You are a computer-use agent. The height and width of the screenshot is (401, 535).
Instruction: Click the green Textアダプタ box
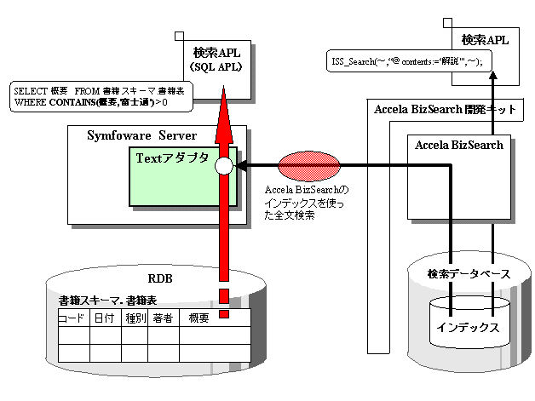pos(170,180)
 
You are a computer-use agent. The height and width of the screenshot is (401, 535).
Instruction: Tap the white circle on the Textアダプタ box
pos(223,165)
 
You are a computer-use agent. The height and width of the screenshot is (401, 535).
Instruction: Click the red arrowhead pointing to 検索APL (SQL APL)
pos(223,106)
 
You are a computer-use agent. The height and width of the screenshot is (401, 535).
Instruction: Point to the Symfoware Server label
pos(141,136)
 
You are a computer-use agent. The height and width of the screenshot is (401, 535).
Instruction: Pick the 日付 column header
pos(106,318)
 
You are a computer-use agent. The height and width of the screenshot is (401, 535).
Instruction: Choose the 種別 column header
pos(135,318)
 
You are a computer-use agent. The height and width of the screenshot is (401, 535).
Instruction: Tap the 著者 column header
pos(163,318)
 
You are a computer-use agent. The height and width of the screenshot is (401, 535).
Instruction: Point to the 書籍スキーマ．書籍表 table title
pos(107,301)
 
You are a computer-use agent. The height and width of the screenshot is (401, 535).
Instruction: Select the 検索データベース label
pos(469,273)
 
